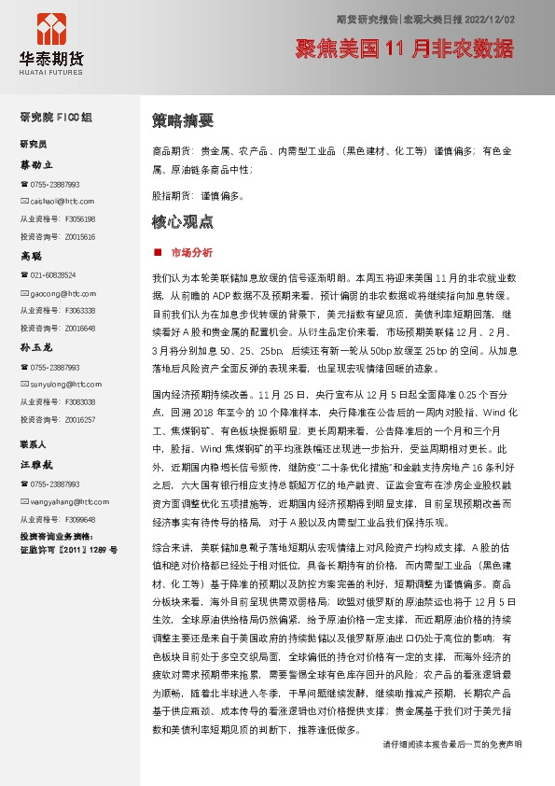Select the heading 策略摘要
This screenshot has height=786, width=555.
(183, 120)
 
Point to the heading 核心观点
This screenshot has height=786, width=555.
(183, 222)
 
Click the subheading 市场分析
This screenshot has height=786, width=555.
(191, 252)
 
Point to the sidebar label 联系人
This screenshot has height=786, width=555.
(33, 443)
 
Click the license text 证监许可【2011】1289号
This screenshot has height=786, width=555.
(68, 550)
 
